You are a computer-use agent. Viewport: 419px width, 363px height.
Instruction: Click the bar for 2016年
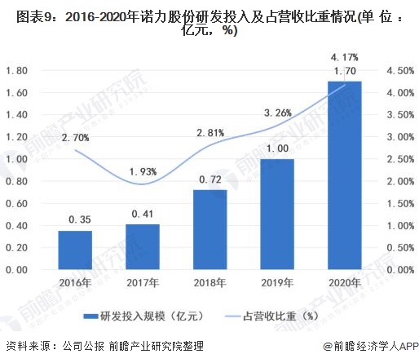pyautogui.click(x=76, y=250)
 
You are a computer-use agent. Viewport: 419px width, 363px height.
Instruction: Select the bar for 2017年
pyautogui.click(x=143, y=246)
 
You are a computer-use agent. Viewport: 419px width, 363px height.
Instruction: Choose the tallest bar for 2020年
pyautogui.click(x=344, y=175)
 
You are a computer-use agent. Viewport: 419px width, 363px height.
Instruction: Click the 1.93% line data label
pyautogui.click(x=143, y=170)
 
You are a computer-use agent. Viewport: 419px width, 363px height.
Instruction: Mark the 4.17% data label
pyautogui.click(x=344, y=56)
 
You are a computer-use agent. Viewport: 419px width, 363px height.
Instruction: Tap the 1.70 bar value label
pyautogui.click(x=344, y=71)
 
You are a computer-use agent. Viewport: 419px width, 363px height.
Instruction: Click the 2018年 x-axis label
pyautogui.click(x=210, y=282)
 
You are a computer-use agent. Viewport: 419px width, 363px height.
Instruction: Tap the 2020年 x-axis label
pyautogui.click(x=344, y=282)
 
